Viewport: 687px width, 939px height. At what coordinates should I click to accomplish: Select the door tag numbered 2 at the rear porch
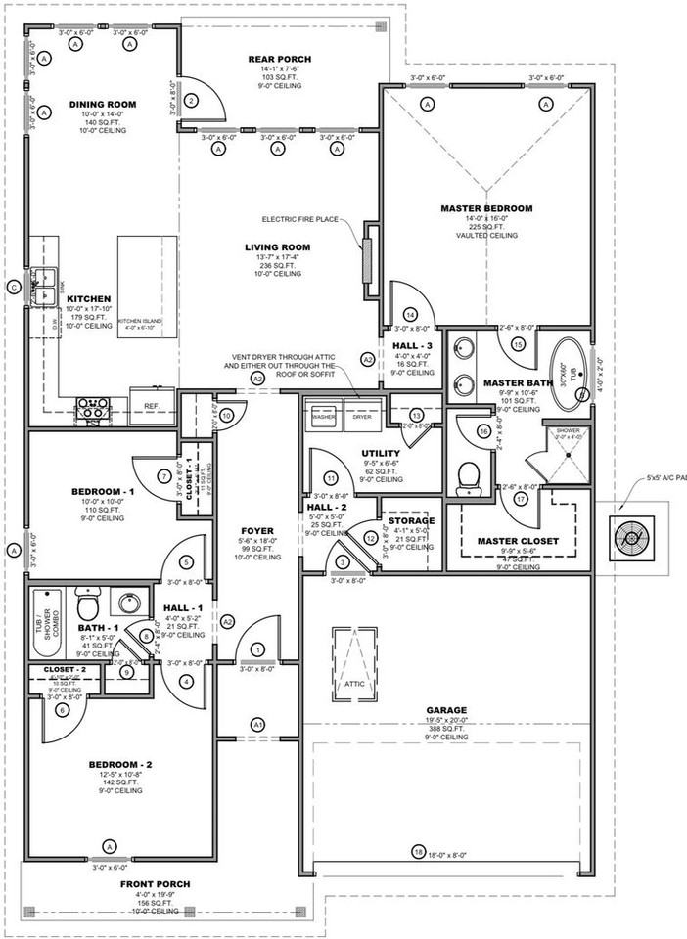tap(192, 100)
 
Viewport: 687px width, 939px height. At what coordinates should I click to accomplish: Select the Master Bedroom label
tap(486, 208)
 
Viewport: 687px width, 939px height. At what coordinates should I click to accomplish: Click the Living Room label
tap(278, 247)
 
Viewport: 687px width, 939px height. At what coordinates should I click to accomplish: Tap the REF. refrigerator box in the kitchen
tap(152, 404)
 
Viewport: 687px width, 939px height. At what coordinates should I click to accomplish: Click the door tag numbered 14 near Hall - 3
tap(410, 314)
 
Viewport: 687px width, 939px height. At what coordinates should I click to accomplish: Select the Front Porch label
tap(156, 884)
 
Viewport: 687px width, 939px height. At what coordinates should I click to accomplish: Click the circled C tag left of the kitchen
tap(13, 287)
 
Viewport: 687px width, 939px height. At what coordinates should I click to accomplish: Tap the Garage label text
tap(445, 710)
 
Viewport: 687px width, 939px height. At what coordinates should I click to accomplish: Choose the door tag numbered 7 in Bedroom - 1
tap(164, 476)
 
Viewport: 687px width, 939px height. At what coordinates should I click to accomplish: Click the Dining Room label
tap(102, 104)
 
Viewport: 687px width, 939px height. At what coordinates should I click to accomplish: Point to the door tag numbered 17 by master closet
tap(520, 498)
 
